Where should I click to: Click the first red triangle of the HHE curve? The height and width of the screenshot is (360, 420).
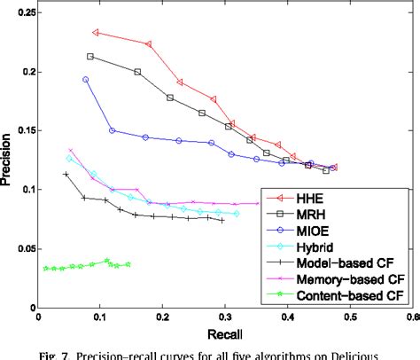(x=96, y=33)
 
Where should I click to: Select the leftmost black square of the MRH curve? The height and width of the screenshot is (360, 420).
(x=90, y=56)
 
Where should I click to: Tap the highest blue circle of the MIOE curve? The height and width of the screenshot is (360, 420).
(x=86, y=79)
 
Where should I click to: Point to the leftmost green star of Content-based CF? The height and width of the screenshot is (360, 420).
(x=45, y=268)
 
